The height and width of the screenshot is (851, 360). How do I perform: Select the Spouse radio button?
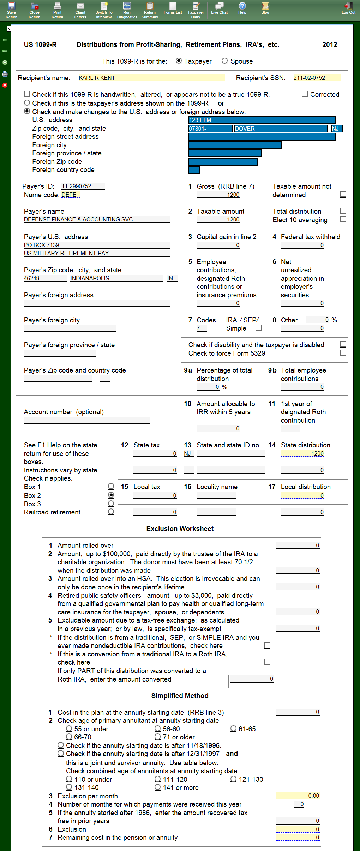click(x=224, y=61)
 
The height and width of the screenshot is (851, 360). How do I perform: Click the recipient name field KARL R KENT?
click(x=151, y=78)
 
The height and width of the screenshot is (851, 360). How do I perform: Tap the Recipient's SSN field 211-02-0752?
click(x=317, y=78)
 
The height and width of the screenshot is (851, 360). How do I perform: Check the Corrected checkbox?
click(x=305, y=94)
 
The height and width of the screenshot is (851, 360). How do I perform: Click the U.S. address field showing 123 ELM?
click(x=262, y=120)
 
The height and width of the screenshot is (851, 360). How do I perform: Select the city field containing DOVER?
click(x=281, y=129)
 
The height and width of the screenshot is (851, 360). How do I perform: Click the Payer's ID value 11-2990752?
click(x=83, y=186)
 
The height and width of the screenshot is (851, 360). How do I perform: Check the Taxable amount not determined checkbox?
click(x=343, y=195)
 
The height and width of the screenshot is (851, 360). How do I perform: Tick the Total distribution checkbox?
click(x=343, y=211)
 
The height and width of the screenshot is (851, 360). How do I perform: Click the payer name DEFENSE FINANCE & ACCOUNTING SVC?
click(x=96, y=219)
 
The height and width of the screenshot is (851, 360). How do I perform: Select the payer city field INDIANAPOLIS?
click(x=116, y=278)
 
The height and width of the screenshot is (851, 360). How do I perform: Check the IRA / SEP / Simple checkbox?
click(x=259, y=328)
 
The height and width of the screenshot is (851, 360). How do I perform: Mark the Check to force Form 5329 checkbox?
click(x=343, y=353)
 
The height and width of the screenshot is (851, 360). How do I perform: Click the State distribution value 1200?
click(x=302, y=453)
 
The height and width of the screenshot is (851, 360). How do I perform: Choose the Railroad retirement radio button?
click(x=111, y=512)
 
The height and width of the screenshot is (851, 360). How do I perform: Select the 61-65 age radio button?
click(x=233, y=729)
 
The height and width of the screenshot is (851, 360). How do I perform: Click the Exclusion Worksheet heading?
click(x=180, y=529)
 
